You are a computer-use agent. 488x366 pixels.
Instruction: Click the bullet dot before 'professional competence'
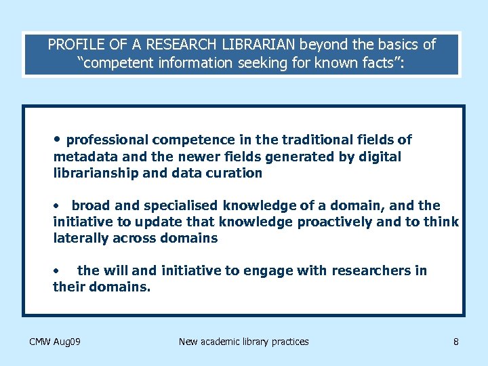tap(58, 139)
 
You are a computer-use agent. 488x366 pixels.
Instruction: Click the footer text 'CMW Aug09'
tap(56, 342)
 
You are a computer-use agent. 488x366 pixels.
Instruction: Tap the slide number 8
tap(456, 342)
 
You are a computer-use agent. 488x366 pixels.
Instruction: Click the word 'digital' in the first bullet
tap(380, 157)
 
